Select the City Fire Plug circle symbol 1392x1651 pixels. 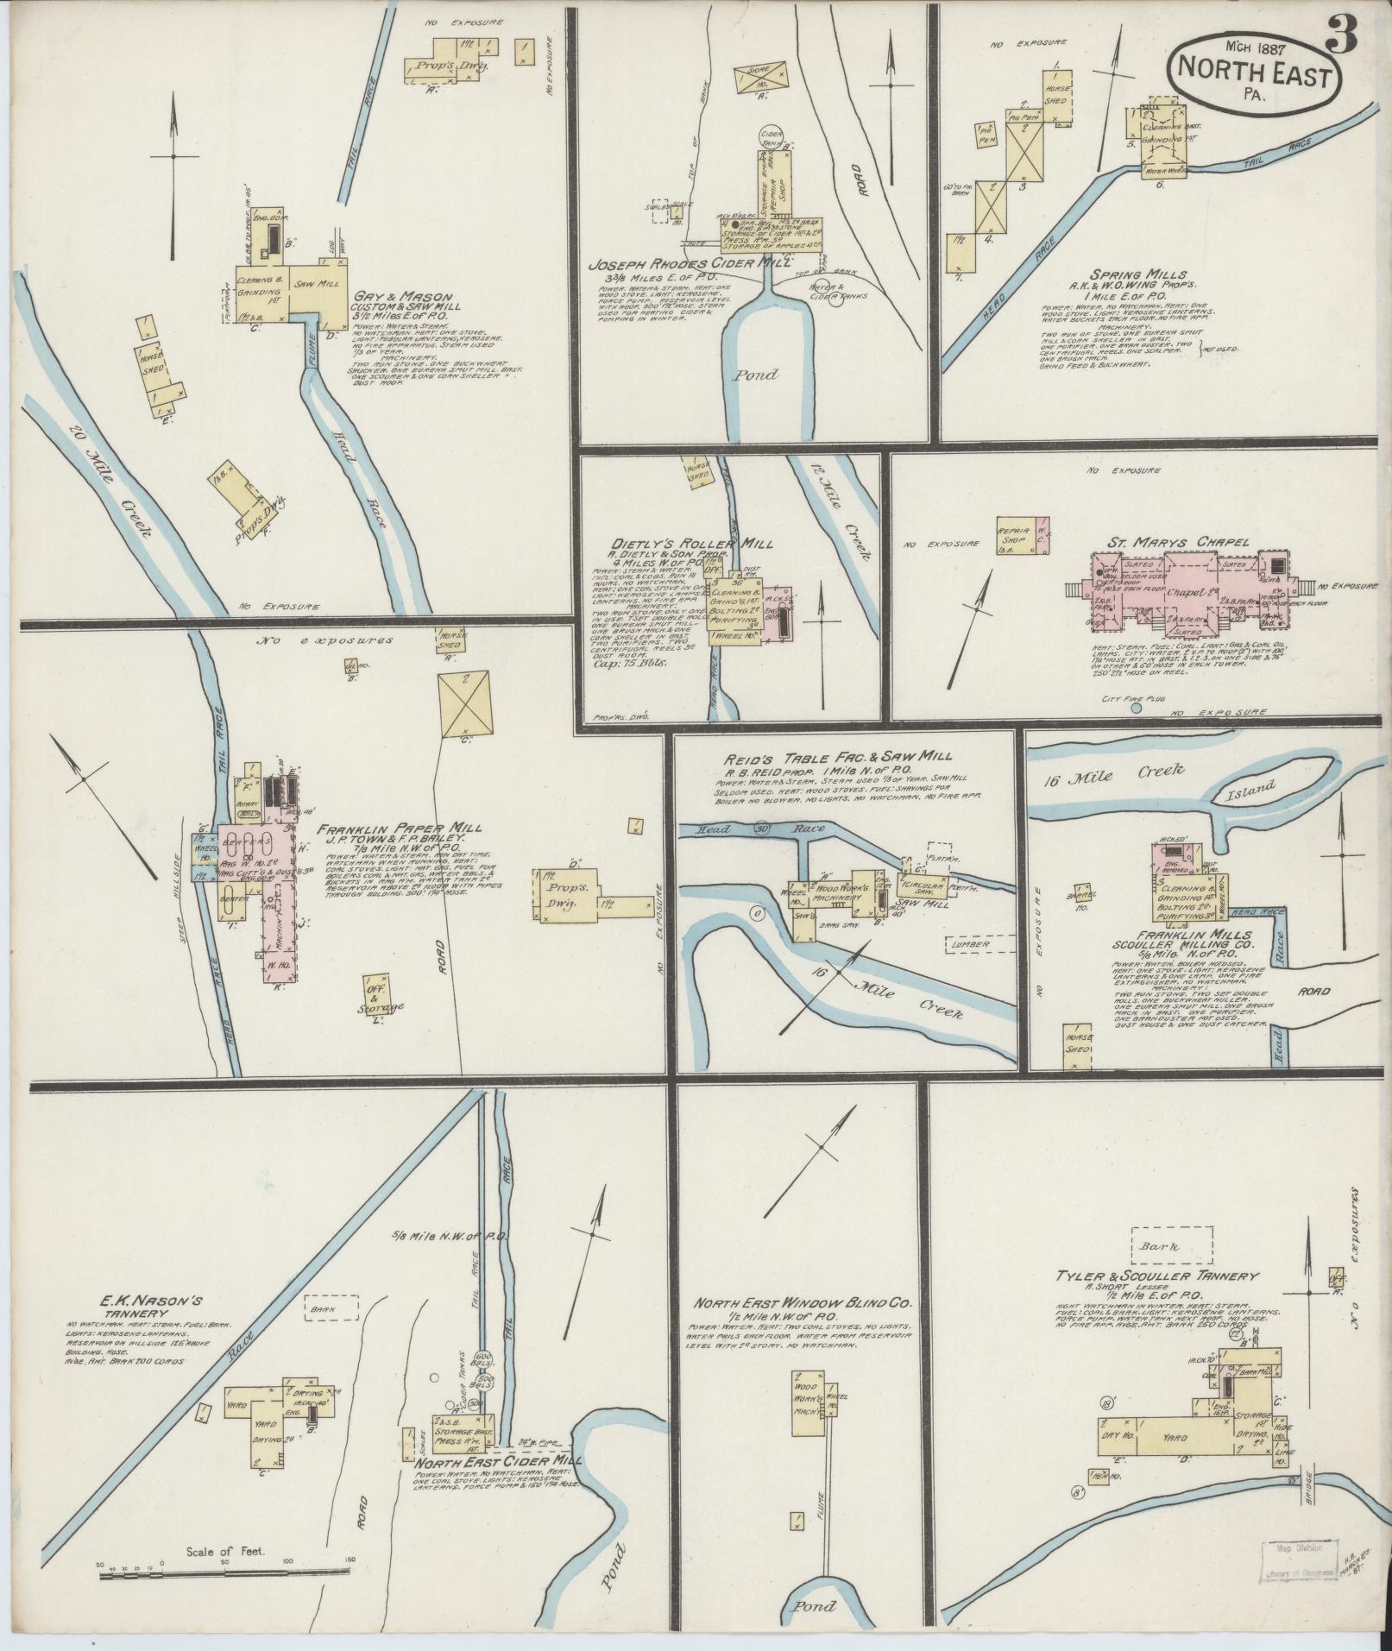(x=1136, y=709)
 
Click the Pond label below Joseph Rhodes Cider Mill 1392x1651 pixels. (x=757, y=375)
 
